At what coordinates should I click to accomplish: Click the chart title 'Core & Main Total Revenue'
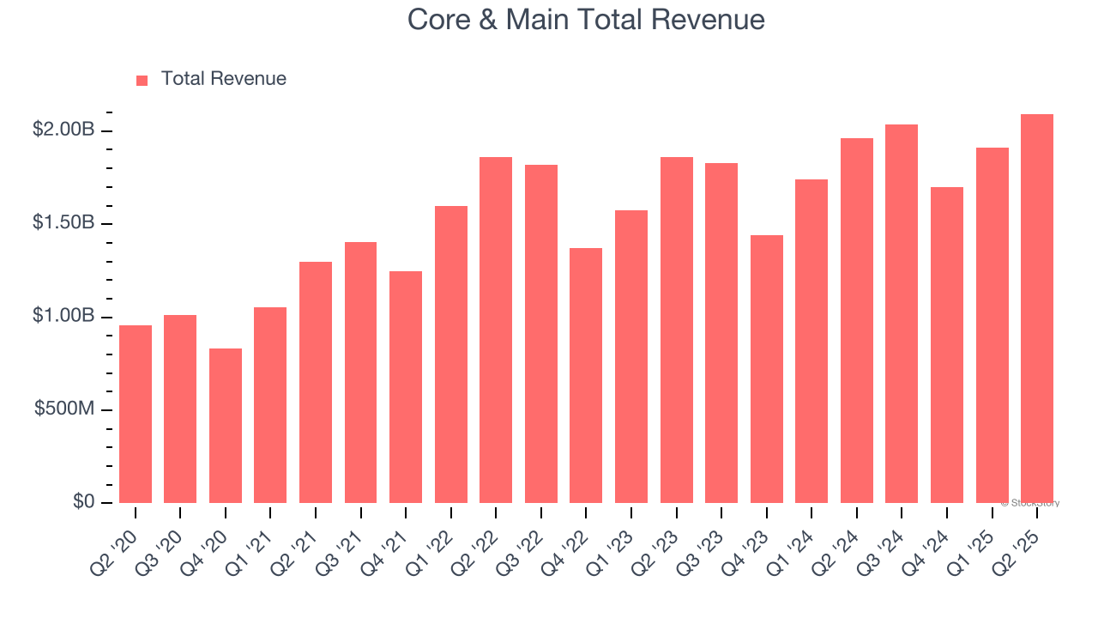586,19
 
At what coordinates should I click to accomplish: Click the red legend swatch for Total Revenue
142,80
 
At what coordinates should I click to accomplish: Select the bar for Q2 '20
136,414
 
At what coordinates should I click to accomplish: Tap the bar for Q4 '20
226,426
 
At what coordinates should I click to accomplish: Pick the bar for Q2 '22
496,330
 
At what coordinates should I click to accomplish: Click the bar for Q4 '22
586,375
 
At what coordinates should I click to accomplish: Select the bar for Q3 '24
902,313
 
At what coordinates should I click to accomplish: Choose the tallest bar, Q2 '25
1036,308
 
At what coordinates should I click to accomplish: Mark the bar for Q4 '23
766,369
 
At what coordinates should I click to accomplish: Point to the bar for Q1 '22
451,354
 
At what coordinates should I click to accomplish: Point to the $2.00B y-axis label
63,130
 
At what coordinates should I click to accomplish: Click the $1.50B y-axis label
63,222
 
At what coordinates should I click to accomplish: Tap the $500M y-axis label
64,409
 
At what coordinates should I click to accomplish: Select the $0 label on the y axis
83,501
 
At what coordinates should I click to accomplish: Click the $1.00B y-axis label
63,316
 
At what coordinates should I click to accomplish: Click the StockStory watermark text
1029,503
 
